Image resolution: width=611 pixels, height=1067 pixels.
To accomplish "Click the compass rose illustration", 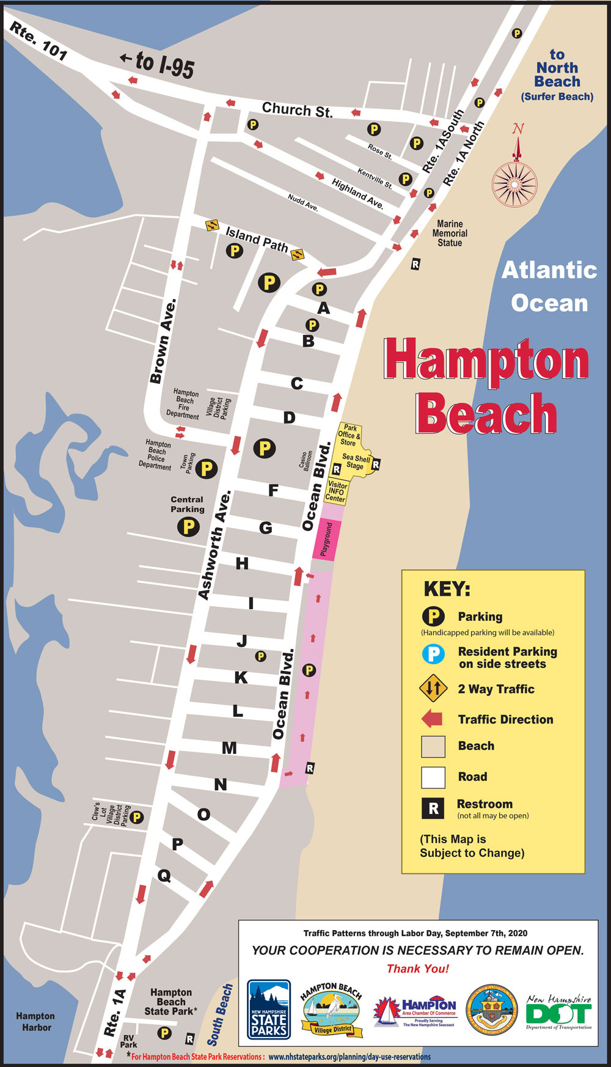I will pyautogui.click(x=514, y=182).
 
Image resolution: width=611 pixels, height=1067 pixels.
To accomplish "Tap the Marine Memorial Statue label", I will pyautogui.click(x=450, y=233).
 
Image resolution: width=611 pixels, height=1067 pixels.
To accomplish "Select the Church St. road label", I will pyautogui.click(x=297, y=110).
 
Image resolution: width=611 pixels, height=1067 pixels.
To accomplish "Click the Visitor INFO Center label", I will pyautogui.click(x=337, y=491).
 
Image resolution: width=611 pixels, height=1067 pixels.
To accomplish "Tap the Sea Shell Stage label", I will pyautogui.click(x=355, y=461).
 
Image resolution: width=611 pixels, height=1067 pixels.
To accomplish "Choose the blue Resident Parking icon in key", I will pyautogui.click(x=433, y=654).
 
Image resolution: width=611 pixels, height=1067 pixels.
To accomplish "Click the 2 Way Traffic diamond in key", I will pyautogui.click(x=433, y=688).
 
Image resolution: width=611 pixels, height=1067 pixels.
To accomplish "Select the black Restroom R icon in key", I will pyautogui.click(x=433, y=809).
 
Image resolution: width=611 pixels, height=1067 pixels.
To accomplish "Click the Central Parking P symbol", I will pyautogui.click(x=188, y=526).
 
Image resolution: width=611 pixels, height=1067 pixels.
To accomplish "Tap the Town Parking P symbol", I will pyautogui.click(x=207, y=469).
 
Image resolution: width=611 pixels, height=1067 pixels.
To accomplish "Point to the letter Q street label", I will pyautogui.click(x=164, y=876).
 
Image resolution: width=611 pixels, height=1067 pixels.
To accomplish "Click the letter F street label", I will pyautogui.click(x=273, y=490).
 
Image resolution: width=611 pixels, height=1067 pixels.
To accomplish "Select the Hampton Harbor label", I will pyautogui.click(x=36, y=1021).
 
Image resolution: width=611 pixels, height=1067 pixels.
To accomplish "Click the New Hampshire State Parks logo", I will pyautogui.click(x=269, y=1009).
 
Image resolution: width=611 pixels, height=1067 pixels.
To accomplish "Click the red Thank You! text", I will pyautogui.click(x=418, y=968).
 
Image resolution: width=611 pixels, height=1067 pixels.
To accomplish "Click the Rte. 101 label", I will pyautogui.click(x=38, y=42).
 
